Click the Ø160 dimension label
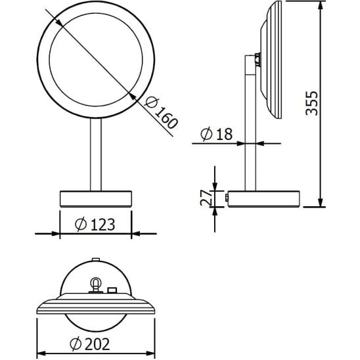coord(157,112)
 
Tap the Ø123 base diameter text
coord(96,224)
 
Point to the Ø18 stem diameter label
coord(215,135)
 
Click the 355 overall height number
coord(313,103)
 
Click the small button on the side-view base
coord(227,197)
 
